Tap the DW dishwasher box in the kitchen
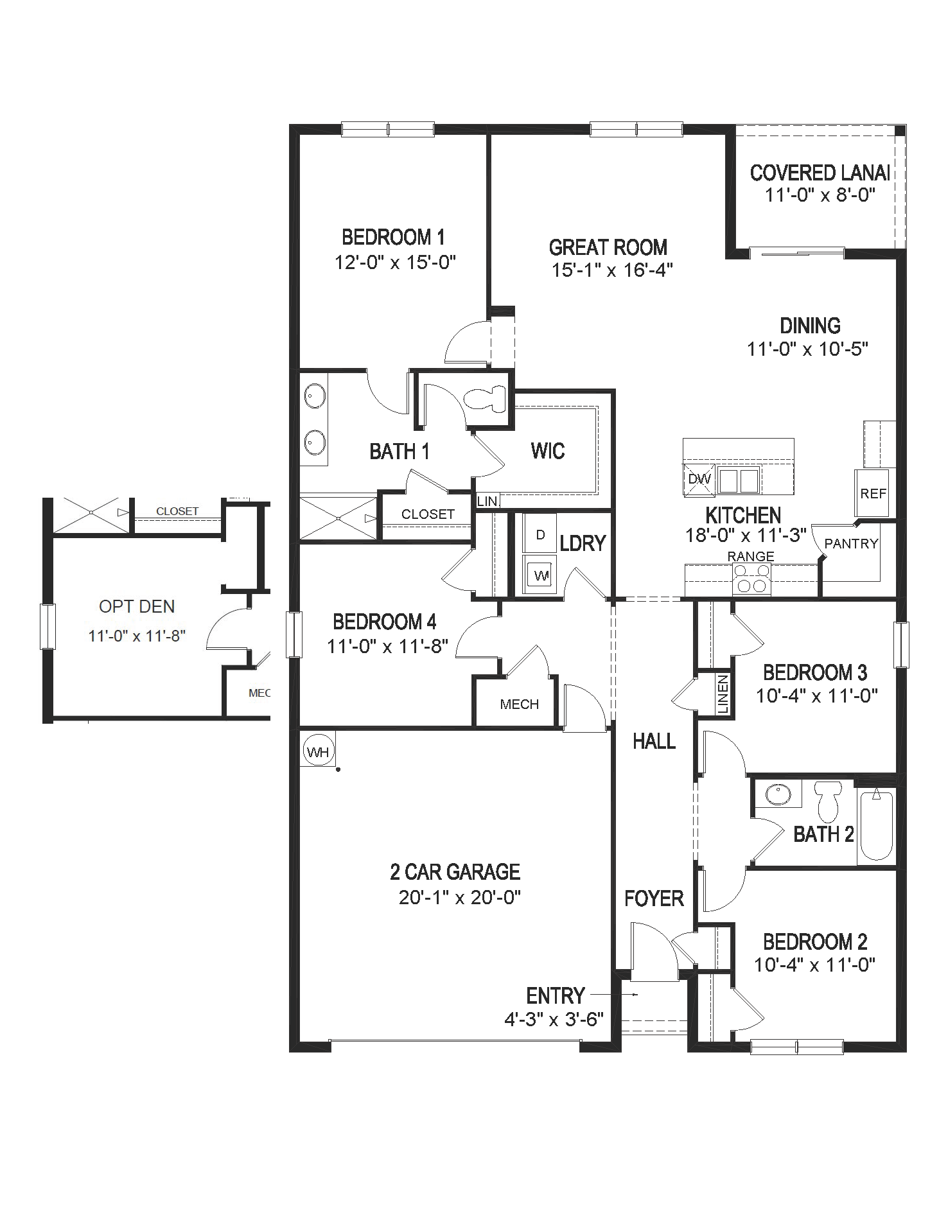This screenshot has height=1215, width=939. point(699,479)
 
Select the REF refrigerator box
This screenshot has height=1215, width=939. point(873,493)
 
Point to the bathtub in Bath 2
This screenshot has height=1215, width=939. point(877,826)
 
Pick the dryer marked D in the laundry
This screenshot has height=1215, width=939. point(540,534)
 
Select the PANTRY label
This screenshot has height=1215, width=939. point(851,543)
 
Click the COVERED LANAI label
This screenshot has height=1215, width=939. point(820,173)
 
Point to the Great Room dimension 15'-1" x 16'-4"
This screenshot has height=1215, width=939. point(611,270)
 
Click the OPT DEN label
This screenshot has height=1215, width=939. point(137,606)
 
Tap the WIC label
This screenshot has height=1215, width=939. point(548,451)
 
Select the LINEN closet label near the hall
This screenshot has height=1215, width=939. point(723,694)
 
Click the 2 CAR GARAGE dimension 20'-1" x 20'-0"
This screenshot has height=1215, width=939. point(459,897)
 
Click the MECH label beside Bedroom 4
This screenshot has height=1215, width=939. point(519,704)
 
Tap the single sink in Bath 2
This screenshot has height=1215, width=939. point(778,794)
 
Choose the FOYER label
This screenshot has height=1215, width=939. point(654,898)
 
